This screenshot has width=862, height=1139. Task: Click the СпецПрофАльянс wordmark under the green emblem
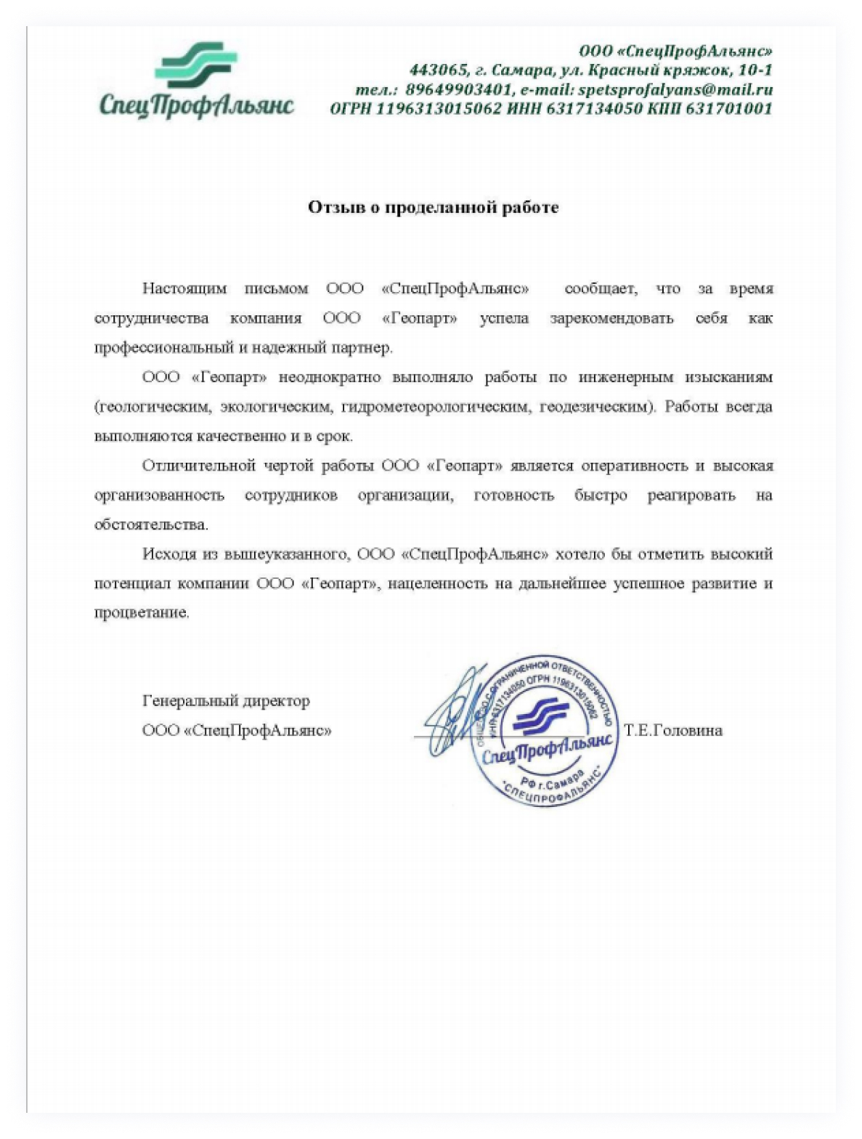(196, 105)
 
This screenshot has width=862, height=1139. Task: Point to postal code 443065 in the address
(437, 70)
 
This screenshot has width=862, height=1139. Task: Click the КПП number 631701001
(728, 109)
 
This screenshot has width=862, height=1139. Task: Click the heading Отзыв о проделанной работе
(433, 208)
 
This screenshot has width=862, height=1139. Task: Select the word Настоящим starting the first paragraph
(184, 288)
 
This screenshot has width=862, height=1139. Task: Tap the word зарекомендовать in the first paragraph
(611, 318)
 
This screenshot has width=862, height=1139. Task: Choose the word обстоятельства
(151, 524)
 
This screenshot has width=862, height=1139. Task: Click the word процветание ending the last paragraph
(141, 612)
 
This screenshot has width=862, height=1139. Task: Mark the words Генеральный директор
(226, 701)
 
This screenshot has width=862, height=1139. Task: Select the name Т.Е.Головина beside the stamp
(672, 731)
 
